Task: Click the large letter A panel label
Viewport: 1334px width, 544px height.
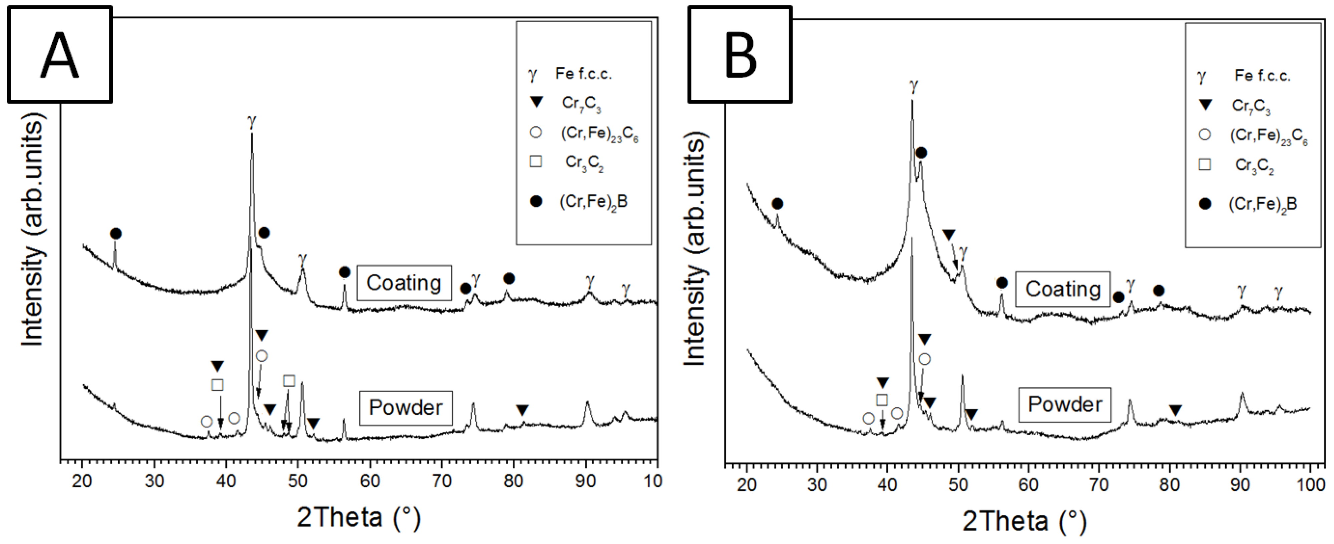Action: pos(60,55)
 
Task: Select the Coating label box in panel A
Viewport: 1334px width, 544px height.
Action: pos(404,283)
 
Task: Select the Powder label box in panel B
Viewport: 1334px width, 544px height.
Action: pos(1065,404)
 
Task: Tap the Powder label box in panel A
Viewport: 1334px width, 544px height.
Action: pos(406,408)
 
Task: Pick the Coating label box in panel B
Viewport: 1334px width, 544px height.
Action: pos(1063,289)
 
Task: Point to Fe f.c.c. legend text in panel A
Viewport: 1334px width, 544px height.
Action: pos(584,74)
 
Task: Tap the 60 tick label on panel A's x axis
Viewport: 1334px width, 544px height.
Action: pos(370,481)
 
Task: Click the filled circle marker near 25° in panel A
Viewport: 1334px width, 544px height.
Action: pos(116,234)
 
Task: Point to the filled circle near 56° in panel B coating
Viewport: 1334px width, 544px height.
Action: pos(1002,283)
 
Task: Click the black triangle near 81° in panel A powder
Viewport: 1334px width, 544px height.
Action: pos(522,411)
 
